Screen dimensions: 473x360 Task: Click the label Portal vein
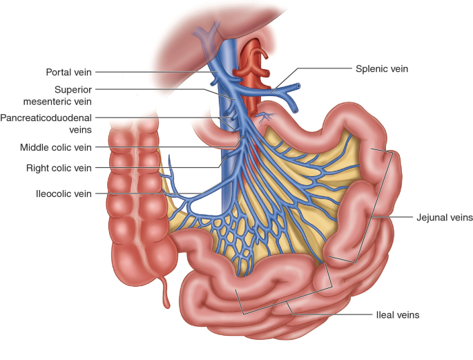pos(68,72)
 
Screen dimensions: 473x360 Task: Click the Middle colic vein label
pos(56,147)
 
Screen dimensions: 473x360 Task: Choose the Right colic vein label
pos(59,167)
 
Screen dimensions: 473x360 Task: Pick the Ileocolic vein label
pos(63,194)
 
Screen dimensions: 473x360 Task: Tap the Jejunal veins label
pos(445,217)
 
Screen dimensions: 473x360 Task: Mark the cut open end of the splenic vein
pos(298,87)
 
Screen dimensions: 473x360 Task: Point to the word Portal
pos(58,72)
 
